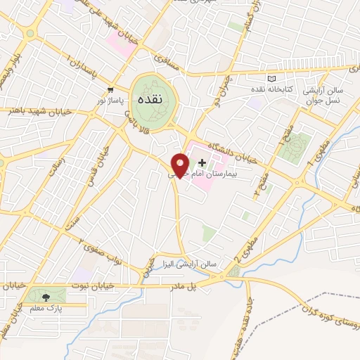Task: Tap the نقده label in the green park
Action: (x=148, y=100)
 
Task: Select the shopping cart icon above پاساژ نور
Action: (x=110, y=89)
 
